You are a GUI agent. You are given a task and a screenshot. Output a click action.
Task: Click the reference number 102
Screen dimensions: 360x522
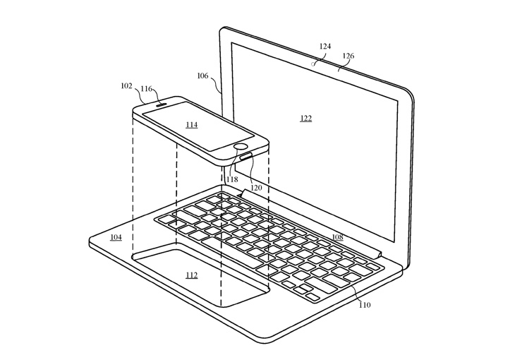126,86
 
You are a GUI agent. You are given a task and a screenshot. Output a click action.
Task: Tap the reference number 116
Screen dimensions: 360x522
146,90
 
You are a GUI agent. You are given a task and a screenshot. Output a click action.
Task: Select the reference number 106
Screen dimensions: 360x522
202,76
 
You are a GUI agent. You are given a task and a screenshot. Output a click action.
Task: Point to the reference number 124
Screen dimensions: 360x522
324,47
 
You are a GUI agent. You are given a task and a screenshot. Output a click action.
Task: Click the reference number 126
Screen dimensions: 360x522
348,56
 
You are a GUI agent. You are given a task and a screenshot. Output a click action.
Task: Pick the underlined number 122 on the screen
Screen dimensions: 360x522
305,119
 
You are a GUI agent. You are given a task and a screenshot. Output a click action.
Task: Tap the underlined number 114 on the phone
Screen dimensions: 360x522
191,125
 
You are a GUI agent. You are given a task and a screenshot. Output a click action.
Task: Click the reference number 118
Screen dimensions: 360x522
232,179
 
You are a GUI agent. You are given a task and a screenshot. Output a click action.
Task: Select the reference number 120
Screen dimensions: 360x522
255,189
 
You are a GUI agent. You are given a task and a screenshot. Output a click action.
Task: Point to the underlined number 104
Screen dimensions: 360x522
116,238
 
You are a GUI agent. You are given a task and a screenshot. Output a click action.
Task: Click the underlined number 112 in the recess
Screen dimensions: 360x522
191,275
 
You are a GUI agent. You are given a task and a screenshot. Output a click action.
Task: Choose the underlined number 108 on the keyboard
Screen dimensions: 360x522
338,237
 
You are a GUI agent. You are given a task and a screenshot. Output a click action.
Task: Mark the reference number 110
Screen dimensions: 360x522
365,305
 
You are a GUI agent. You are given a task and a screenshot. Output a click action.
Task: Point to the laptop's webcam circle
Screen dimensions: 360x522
313,63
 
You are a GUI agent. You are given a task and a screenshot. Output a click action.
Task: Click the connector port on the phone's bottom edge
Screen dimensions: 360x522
246,157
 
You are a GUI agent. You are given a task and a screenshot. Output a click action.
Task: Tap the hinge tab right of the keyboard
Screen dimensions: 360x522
380,250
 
